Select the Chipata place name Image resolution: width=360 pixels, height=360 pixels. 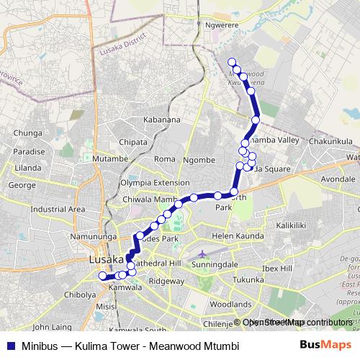tap(132, 142)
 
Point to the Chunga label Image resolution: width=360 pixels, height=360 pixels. tap(27, 133)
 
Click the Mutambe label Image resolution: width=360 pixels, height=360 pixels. tap(109, 158)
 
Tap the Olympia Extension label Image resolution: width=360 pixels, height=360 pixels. tap(155, 183)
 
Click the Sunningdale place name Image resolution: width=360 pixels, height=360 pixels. tap(216, 265)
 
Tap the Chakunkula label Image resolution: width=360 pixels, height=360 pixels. tap(330, 142)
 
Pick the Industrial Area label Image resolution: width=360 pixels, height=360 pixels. tap(58, 210)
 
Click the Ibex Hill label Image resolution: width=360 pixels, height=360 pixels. tap(277, 268)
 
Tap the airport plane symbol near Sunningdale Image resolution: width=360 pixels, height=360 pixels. tap(203, 253)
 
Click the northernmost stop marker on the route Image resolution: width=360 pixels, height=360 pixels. tap(231, 61)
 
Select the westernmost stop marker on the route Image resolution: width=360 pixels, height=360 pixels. tap(102, 276)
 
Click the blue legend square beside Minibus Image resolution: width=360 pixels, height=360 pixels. tap(9, 345)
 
